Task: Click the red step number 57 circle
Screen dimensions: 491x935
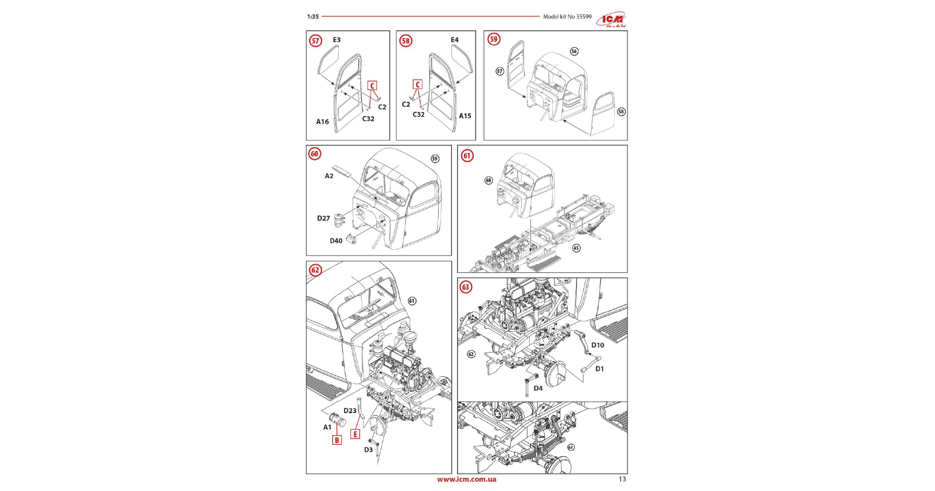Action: coord(315,41)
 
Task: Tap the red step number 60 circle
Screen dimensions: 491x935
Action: coord(315,154)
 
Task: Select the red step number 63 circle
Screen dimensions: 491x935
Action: coord(465,287)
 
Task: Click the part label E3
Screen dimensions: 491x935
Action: coord(336,40)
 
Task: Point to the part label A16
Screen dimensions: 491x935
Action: coord(322,122)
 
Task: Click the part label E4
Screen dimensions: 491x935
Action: coord(455,40)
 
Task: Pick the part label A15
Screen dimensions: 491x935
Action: coord(465,116)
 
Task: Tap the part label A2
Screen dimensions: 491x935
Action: coord(329,176)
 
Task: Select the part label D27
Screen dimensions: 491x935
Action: coord(323,219)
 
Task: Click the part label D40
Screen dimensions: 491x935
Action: coord(336,241)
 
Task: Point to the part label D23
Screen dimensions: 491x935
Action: coord(350,411)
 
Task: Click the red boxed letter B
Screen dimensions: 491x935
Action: coord(336,440)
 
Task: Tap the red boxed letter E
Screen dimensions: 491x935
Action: coord(355,434)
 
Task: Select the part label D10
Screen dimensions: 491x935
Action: coord(597,345)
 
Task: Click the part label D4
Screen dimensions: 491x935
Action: coord(538,388)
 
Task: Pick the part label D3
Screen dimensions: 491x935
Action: coord(368,450)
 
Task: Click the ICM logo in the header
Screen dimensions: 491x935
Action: coord(612,20)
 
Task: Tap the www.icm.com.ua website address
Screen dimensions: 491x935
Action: coord(466,479)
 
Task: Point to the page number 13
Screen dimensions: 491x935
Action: coord(622,479)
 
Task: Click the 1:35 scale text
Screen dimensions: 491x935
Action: coord(313,17)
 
